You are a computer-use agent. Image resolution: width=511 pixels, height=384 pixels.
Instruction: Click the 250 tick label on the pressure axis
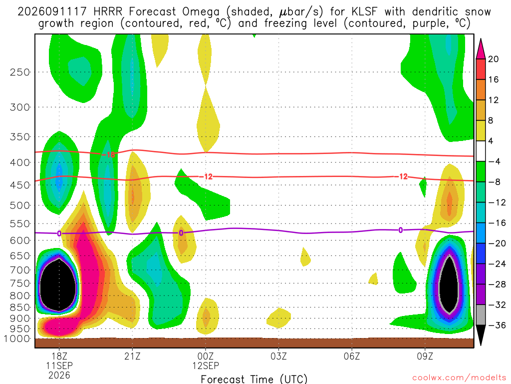click(20, 72)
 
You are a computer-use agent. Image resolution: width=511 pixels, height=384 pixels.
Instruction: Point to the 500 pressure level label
click(20, 205)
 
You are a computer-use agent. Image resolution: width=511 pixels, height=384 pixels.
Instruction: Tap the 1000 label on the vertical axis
click(17, 338)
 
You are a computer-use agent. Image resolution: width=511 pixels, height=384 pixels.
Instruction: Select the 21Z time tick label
click(132, 356)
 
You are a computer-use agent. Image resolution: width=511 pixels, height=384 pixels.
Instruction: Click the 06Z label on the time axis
click(352, 356)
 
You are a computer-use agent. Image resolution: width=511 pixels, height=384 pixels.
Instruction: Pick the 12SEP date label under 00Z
click(206, 365)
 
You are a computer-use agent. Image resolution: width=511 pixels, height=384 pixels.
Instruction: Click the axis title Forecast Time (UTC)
click(254, 379)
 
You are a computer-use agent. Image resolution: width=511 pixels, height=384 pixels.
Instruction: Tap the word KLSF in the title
click(364, 12)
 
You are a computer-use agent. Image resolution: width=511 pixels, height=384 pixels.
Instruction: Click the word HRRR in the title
click(108, 12)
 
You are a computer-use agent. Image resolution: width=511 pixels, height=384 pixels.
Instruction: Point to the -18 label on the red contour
click(108, 154)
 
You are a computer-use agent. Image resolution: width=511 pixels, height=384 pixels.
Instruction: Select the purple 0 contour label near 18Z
click(59, 233)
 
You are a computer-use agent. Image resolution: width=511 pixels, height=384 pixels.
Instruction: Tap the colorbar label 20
click(494, 59)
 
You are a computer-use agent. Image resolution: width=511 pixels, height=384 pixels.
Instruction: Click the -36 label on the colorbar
click(497, 325)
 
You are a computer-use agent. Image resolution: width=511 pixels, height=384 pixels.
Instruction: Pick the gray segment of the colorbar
click(481, 315)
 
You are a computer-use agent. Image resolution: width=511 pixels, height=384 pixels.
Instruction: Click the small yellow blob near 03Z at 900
click(278, 317)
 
